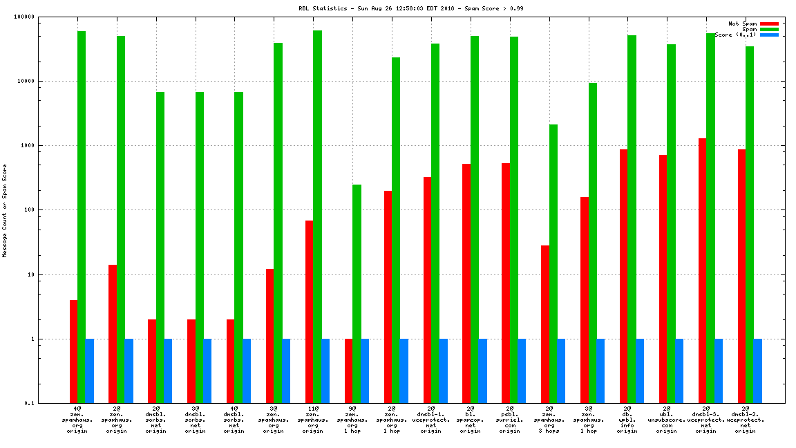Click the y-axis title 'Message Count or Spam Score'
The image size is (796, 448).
(5, 211)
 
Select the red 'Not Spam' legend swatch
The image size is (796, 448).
(769, 24)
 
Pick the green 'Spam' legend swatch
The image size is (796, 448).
(769, 29)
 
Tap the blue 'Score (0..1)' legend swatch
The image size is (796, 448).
(769, 35)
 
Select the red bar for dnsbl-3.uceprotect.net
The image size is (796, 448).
(702, 270)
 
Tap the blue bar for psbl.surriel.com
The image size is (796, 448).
(522, 371)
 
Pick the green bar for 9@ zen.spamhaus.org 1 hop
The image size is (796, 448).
(357, 294)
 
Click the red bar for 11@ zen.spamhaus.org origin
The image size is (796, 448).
(309, 312)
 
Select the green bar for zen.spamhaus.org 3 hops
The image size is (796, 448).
(553, 263)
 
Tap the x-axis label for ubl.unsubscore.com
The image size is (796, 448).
(666, 420)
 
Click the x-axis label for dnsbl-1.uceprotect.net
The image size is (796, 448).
(431, 420)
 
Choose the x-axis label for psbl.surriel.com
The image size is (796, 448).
(509, 420)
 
